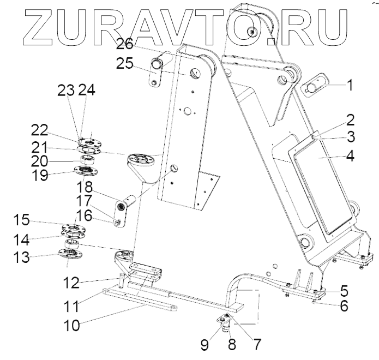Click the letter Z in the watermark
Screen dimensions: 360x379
click(28, 25)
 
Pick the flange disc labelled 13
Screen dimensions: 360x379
click(69, 254)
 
